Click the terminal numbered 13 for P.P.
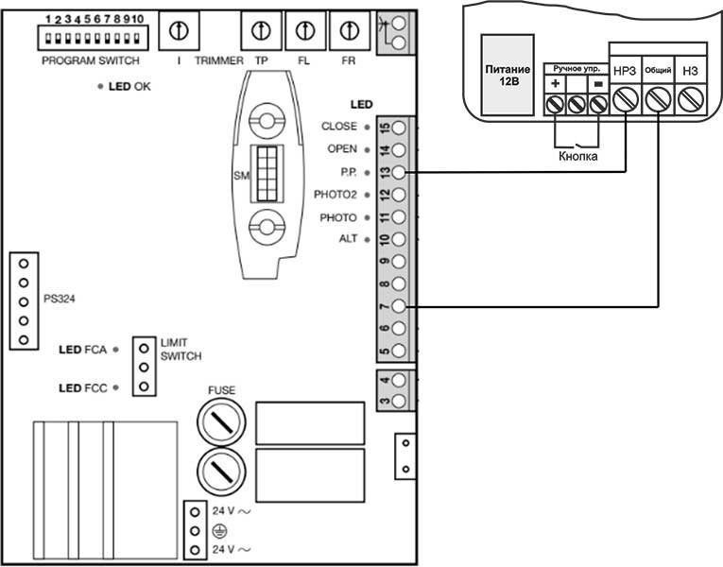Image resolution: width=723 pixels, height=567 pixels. (401, 172)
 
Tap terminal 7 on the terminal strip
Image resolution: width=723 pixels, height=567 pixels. (401, 306)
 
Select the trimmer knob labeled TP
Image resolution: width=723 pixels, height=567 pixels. (261, 31)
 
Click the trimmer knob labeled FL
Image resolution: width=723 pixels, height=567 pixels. (304, 31)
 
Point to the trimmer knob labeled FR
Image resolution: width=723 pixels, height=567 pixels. (349, 31)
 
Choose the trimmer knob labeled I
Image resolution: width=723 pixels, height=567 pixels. (177, 31)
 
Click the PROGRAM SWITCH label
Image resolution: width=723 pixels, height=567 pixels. (91, 60)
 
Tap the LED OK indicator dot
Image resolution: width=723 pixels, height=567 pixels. (99, 86)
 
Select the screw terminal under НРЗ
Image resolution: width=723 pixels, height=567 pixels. (626, 98)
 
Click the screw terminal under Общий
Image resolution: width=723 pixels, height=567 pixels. (658, 98)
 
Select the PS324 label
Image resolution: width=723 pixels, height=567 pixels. (60, 299)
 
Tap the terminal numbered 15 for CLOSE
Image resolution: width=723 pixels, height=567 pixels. (401, 128)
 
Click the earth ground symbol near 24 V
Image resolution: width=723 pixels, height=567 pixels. (220, 531)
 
